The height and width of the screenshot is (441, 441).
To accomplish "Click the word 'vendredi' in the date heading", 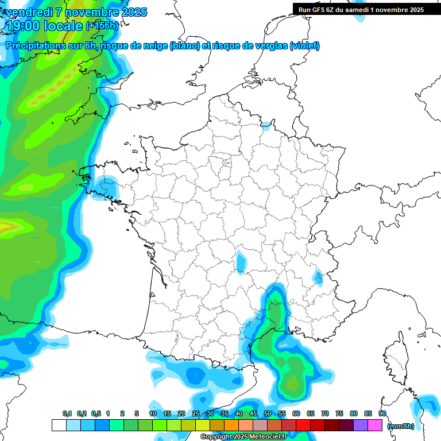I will (x=27, y=12).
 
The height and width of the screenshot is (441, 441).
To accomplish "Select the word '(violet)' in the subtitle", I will (x=305, y=46).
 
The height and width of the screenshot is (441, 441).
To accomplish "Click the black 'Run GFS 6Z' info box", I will (x=361, y=10).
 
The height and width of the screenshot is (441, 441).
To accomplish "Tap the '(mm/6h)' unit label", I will (x=401, y=426).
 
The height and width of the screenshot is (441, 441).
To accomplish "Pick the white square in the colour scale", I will (x=59, y=425).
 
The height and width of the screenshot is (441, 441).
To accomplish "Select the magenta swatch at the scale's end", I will (x=375, y=425).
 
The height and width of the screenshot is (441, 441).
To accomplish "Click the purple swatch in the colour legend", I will (x=361, y=425).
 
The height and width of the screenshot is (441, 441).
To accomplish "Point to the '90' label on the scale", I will (x=382, y=413).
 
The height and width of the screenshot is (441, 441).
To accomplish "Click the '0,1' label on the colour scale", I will (x=67, y=413).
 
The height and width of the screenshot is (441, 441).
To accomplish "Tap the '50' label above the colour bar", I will (x=268, y=413).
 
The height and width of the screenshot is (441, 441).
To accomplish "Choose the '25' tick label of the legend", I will (x=196, y=413).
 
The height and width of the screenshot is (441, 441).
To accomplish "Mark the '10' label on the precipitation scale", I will (x=153, y=413).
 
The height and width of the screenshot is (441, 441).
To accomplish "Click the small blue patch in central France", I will (x=242, y=261).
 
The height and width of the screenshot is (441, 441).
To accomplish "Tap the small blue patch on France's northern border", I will (x=266, y=125).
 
